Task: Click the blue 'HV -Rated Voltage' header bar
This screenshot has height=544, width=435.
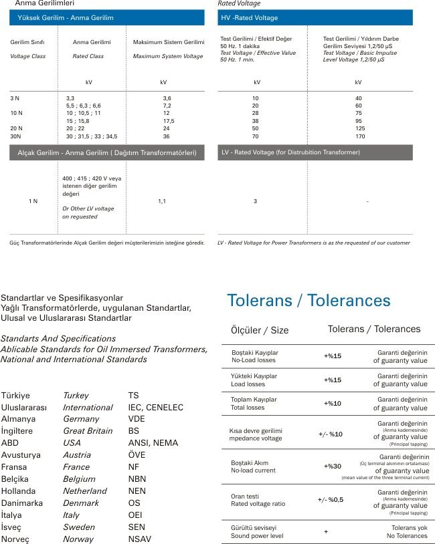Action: [315, 17]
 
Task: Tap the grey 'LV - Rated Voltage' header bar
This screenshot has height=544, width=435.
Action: [315, 152]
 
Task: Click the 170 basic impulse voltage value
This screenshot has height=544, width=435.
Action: [359, 136]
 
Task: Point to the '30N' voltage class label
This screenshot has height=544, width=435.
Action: [17, 136]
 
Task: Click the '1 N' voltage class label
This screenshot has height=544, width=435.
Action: [33, 201]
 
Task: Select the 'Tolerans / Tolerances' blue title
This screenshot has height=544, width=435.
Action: [309, 300]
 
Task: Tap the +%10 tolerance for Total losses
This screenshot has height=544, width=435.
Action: [333, 404]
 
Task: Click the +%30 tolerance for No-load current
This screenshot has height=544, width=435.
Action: [333, 466]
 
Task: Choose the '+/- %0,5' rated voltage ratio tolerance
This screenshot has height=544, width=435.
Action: [331, 500]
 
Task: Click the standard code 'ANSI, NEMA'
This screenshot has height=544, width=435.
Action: [154, 443]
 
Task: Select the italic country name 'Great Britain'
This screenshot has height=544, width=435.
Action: [88, 431]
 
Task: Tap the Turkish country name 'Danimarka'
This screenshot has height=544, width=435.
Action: [26, 503]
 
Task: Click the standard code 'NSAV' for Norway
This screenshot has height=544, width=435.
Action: [140, 539]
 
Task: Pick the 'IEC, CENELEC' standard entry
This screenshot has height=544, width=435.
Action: [156, 407]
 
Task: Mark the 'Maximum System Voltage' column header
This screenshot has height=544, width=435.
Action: [167, 56]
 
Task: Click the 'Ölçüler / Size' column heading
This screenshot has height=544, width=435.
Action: [260, 330]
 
